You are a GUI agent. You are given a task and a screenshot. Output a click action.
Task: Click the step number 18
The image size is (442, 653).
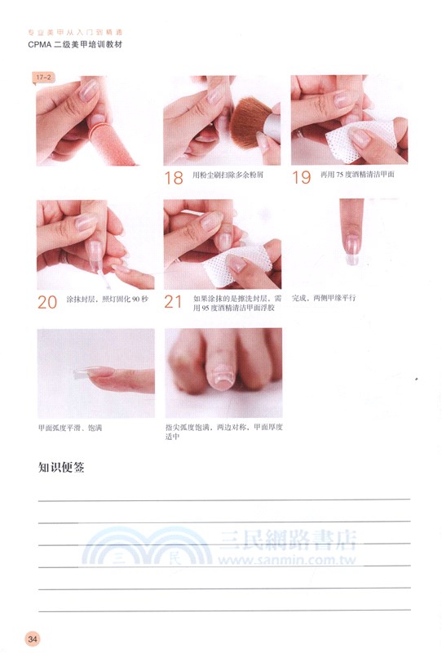173,177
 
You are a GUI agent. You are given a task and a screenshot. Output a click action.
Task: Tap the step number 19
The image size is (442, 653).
301,177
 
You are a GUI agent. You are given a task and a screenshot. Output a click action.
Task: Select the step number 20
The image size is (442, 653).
46,302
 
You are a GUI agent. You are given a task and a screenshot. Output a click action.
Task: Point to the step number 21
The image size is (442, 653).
174,302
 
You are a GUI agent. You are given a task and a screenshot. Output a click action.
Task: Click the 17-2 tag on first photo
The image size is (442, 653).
42,78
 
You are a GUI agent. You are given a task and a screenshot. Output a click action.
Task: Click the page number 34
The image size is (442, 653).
33,637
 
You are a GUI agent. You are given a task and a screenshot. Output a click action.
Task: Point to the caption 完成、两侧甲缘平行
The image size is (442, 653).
324,298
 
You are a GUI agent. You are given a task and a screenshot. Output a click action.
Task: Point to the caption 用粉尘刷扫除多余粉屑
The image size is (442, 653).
230,175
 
